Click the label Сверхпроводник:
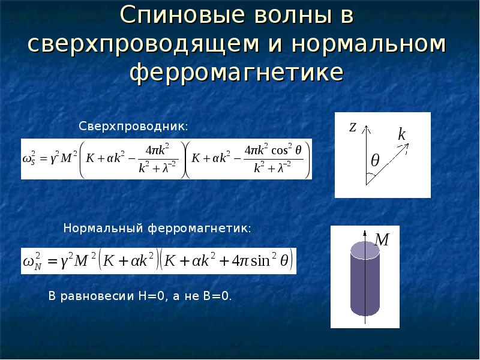(x=134, y=127)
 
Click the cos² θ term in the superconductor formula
(x=284, y=150)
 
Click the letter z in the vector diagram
(x=353, y=127)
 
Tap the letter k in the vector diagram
(x=401, y=134)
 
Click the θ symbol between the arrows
(x=375, y=161)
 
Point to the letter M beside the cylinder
(x=382, y=241)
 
